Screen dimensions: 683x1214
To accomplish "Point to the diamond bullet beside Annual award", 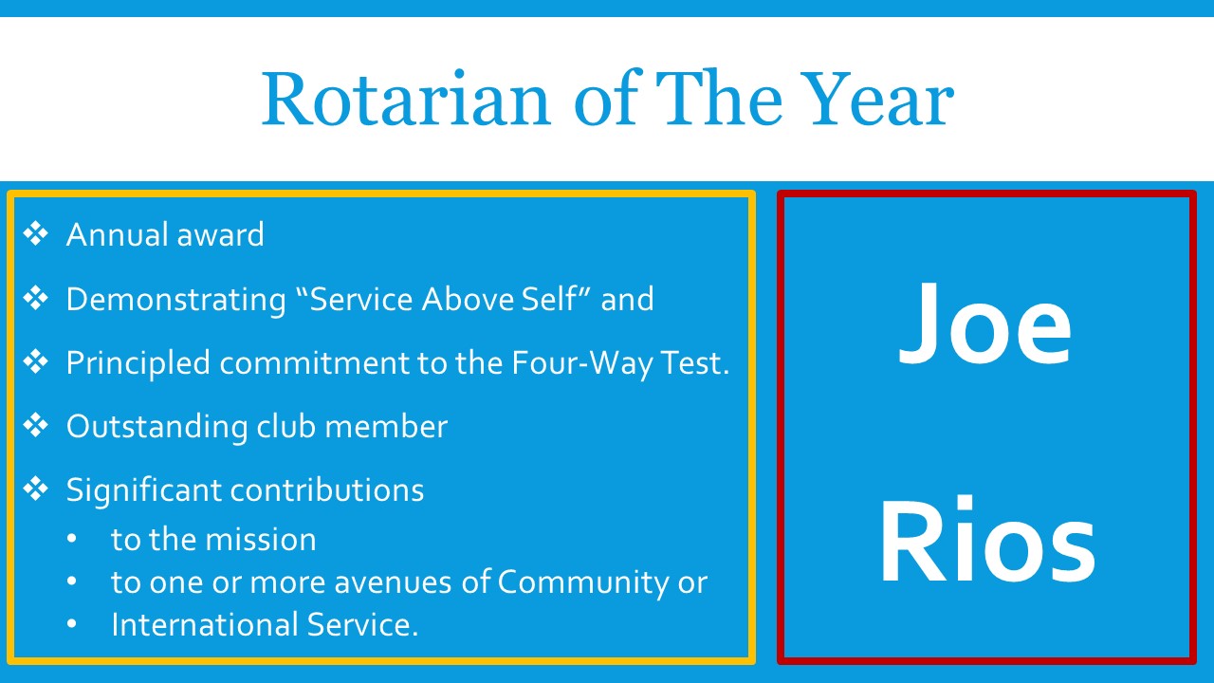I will click(x=35, y=234).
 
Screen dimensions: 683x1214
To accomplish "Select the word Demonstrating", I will click(x=175, y=300).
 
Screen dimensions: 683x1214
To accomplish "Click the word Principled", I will click(x=138, y=363).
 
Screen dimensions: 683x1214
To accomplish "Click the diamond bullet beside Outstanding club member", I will click(x=35, y=426).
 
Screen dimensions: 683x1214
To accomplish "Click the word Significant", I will click(x=143, y=490).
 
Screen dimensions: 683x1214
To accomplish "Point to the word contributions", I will click(x=327, y=490).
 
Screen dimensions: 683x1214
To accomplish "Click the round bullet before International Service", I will click(x=74, y=625).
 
